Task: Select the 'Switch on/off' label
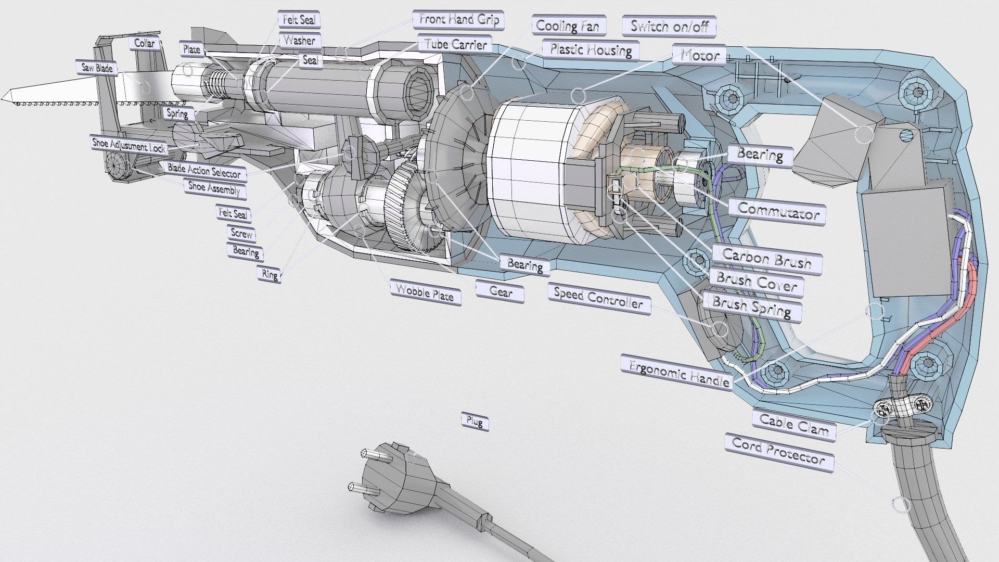tap(669, 27)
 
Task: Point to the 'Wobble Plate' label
tap(425, 293)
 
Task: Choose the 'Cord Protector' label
tap(778, 451)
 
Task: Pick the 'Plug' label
tap(475, 421)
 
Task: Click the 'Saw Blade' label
tap(97, 68)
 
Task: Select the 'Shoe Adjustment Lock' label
tap(129, 145)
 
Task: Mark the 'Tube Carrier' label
tap(455, 44)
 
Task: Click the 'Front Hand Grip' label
tap(459, 20)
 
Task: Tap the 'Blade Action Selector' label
tap(203, 171)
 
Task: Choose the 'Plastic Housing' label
tap(591, 50)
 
